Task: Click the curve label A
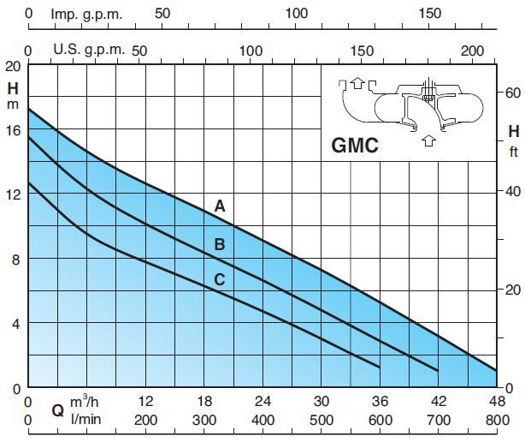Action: point(220,206)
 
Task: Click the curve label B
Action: point(220,245)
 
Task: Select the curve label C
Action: point(220,278)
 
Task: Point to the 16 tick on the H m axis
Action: point(10,130)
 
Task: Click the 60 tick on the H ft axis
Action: point(510,91)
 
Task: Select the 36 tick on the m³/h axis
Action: point(380,403)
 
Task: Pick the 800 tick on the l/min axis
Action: point(496,420)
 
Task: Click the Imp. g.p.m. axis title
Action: point(86,14)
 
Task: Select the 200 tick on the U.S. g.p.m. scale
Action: point(472,51)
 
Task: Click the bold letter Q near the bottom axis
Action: point(57,410)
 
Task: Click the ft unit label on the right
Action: point(514,152)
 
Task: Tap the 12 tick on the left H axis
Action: point(10,194)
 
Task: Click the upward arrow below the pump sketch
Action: point(424,142)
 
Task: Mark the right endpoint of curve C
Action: point(380,367)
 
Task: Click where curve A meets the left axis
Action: point(28,109)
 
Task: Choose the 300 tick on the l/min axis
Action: point(204,420)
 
